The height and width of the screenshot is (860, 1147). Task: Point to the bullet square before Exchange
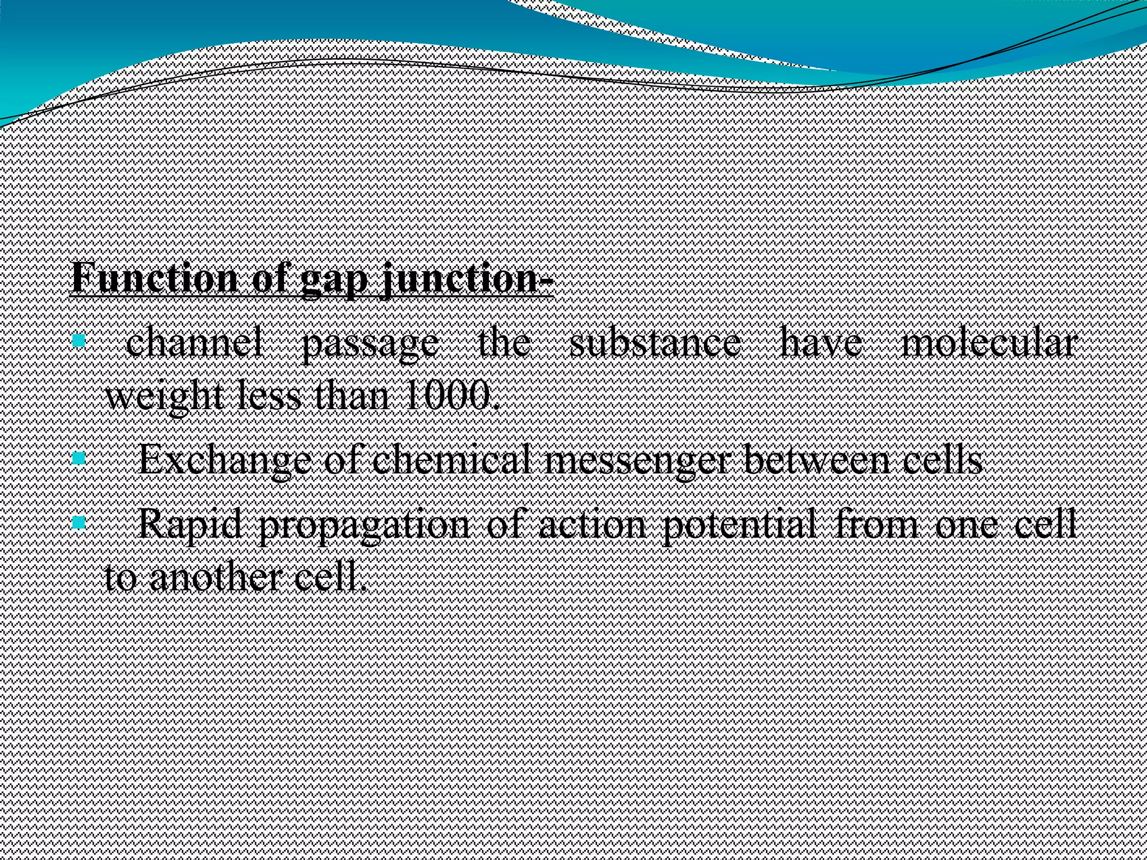(x=79, y=459)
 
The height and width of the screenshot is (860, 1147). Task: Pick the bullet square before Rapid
(x=79, y=523)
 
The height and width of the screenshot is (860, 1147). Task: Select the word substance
(x=655, y=343)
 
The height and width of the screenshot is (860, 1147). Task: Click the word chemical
(x=451, y=460)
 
